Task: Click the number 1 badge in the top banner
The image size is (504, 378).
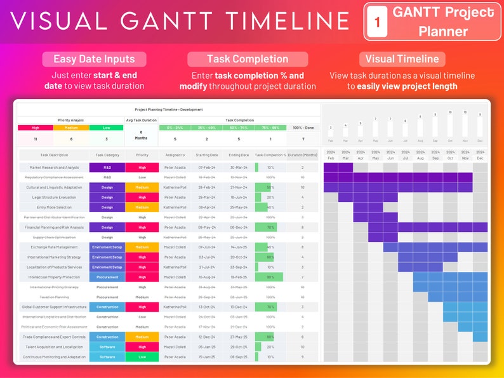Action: (377, 22)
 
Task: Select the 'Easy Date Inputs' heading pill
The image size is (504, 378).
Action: (94, 59)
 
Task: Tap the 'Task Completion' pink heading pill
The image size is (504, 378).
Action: (248, 59)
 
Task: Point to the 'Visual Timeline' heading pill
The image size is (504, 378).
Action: (402, 59)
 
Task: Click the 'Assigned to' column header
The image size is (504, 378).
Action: (175, 155)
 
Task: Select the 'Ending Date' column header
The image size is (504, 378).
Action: (239, 155)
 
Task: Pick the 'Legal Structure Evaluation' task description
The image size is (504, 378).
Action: (54, 197)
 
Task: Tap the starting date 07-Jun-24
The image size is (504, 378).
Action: (207, 247)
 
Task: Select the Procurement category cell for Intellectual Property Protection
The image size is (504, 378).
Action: (107, 277)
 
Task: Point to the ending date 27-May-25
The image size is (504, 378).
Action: (239, 337)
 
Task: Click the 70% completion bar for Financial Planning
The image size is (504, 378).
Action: (266, 227)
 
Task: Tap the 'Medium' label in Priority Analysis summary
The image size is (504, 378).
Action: (70, 127)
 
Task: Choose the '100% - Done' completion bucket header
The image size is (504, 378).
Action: (303, 127)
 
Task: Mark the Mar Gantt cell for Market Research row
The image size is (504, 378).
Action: (345, 167)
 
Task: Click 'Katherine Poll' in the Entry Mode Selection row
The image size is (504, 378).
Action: (175, 207)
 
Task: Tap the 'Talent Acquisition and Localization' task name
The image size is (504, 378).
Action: (54, 347)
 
